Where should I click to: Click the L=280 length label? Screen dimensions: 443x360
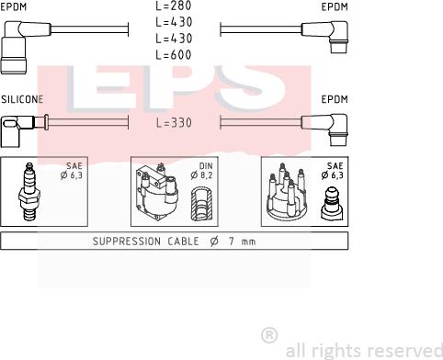174,6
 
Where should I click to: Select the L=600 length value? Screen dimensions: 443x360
174,55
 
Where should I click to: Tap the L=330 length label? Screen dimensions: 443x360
174,123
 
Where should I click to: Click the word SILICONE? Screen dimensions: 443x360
22,99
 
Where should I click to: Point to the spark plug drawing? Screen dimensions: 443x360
29,192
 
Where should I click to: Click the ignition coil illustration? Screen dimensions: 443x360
157,192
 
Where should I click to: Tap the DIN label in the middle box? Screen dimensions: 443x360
206,166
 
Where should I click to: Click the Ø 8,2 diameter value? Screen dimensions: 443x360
201,175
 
